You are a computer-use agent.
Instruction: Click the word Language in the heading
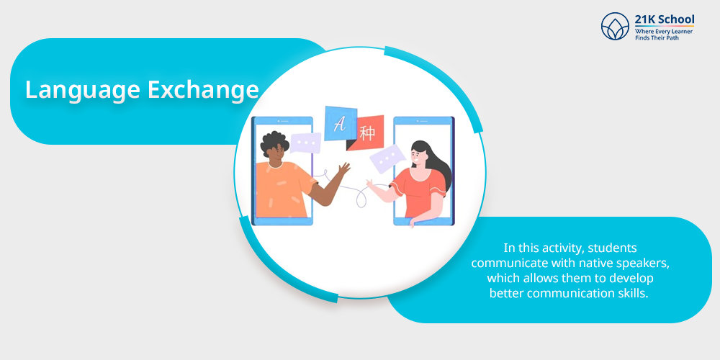(83, 91)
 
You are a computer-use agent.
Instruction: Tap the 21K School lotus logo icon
(615, 26)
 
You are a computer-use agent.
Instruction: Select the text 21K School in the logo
(665, 19)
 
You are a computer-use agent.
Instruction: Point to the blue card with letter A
(341, 124)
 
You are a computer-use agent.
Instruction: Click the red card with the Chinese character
(366, 132)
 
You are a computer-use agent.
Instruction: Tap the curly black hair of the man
(275, 143)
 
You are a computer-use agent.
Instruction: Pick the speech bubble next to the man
(305, 143)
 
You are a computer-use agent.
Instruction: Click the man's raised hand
(344, 168)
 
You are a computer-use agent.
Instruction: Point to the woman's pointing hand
(370, 184)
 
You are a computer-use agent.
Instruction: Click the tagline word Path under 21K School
(671, 37)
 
